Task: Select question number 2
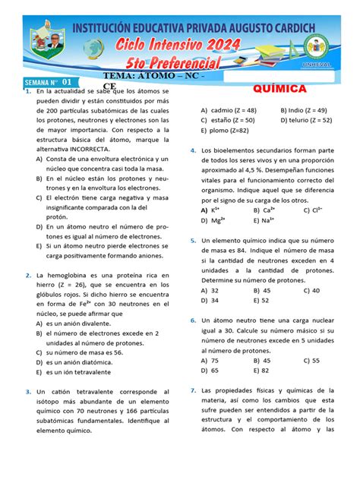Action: tap(27, 275)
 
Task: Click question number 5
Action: tap(194, 240)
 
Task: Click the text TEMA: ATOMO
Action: tap(144, 78)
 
